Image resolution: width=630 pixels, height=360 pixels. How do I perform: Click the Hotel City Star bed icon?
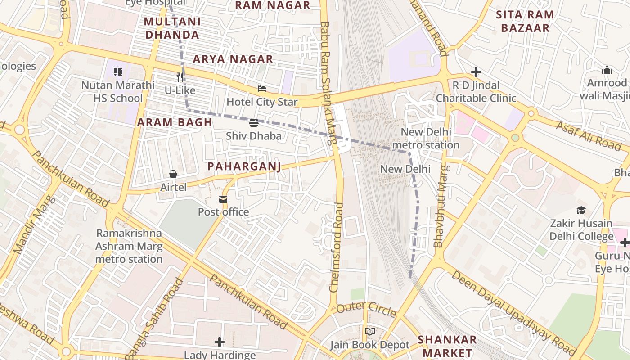click(261, 89)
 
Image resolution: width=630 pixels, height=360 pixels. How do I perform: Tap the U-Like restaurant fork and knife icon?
click(180, 77)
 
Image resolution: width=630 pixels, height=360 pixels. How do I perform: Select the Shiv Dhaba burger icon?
click(253, 123)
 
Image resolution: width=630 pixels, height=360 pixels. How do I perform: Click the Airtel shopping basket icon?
click(173, 174)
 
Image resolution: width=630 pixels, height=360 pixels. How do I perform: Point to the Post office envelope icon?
click(223, 199)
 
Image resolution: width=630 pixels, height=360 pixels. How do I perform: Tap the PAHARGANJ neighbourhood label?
click(244, 166)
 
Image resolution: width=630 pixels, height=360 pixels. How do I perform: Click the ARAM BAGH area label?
click(175, 122)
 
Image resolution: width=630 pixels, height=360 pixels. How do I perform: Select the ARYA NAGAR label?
click(233, 59)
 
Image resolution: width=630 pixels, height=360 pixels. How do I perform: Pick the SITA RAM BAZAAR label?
click(525, 21)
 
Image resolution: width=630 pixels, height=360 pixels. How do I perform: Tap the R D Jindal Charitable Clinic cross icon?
click(476, 72)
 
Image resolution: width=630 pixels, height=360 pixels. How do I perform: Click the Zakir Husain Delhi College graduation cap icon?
click(581, 210)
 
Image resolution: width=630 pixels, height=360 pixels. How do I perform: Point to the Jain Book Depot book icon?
click(370, 332)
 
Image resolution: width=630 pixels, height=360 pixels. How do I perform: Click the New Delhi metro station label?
click(425, 139)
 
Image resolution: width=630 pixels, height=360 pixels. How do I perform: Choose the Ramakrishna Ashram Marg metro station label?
click(129, 246)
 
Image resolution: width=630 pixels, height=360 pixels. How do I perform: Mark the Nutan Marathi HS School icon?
click(118, 72)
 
